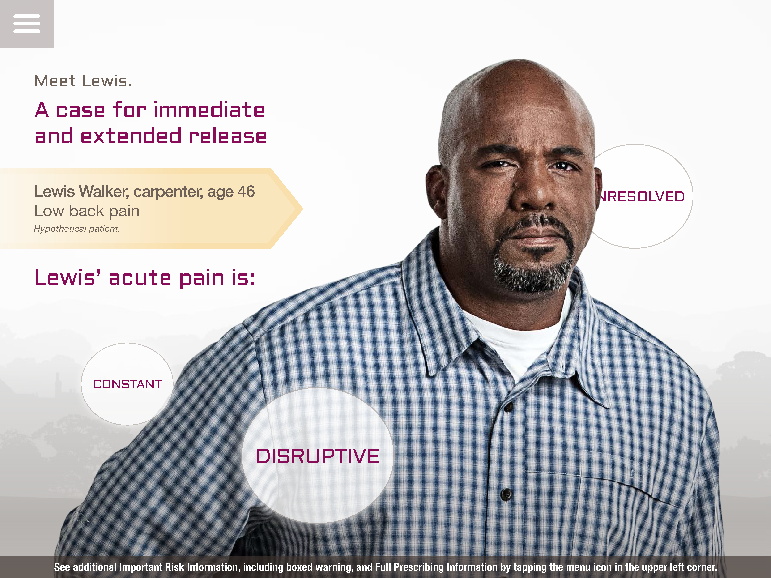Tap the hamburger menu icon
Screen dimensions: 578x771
pos(26,24)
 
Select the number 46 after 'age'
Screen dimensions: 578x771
pos(246,192)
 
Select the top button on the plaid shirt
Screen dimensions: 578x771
pos(508,407)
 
